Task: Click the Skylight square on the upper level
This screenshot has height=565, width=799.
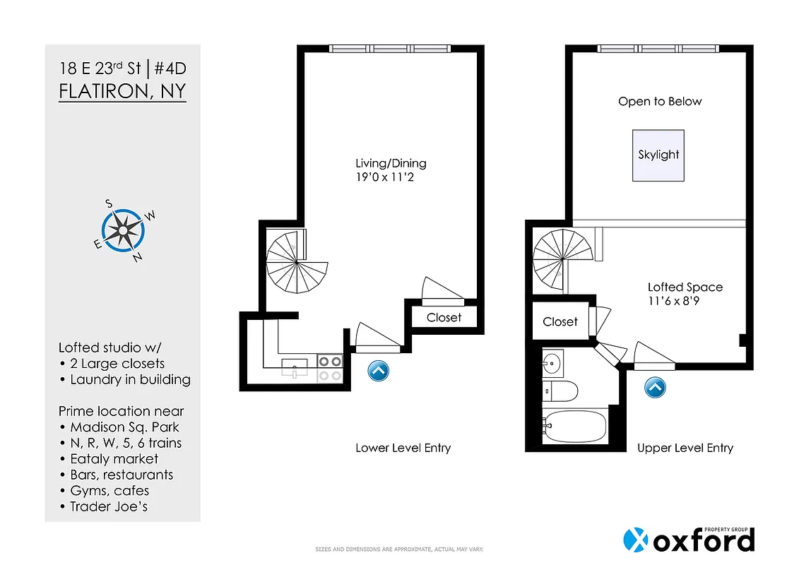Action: point(658,155)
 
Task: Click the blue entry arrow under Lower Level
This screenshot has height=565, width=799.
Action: point(378,371)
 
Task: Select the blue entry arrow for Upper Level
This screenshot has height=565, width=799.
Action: point(655,387)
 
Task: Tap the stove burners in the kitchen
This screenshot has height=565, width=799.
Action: point(329,367)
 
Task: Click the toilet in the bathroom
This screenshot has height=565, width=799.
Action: point(561,391)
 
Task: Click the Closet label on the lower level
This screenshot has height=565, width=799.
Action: point(444,318)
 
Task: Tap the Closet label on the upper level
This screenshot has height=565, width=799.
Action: point(560,322)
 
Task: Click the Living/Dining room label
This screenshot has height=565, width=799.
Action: point(391,163)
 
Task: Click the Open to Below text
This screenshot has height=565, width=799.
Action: point(660,102)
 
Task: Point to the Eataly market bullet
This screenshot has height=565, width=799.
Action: point(114,459)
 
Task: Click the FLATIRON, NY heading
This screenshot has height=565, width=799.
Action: point(122,93)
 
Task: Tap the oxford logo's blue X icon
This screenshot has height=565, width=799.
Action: point(636,540)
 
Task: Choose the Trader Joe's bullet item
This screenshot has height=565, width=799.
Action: point(109,506)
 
